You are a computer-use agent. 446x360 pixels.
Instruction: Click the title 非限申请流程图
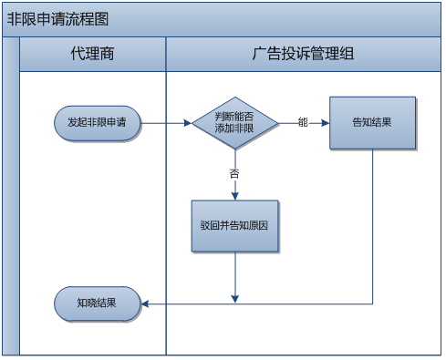(57, 20)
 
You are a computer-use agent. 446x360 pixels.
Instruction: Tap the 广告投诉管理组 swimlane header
(302, 55)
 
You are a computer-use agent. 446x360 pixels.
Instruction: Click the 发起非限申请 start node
(97, 122)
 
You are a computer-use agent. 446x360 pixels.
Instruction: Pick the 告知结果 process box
(372, 122)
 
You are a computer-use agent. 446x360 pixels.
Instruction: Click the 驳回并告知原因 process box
(234, 225)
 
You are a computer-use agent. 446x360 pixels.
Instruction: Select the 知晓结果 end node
(97, 303)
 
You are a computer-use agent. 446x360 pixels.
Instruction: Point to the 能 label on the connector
(303, 122)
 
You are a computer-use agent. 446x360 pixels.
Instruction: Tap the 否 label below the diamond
(234, 172)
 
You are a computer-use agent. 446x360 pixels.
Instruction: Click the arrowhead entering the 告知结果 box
(325, 122)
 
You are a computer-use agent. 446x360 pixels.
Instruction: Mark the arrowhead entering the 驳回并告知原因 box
(234, 195)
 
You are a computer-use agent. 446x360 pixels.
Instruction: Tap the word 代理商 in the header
(92, 55)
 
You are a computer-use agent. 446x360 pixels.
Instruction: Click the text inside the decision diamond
(234, 122)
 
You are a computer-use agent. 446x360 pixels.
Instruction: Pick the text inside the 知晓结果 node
(97, 303)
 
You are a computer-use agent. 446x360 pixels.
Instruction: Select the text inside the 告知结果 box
(372, 122)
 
